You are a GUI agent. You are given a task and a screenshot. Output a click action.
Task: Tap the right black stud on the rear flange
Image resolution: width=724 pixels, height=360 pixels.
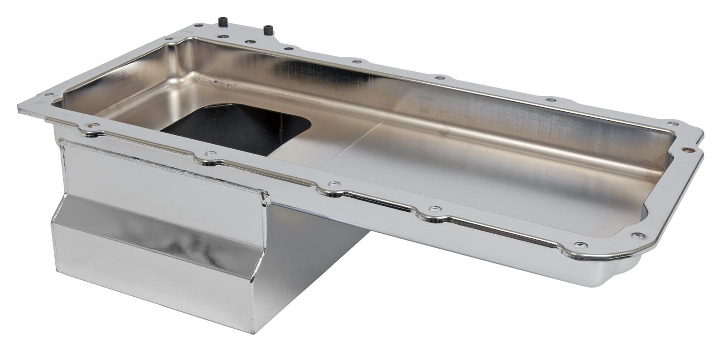coord(268,30)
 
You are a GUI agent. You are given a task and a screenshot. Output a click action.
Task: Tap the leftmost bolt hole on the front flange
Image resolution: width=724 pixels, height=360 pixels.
coord(94,127)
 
